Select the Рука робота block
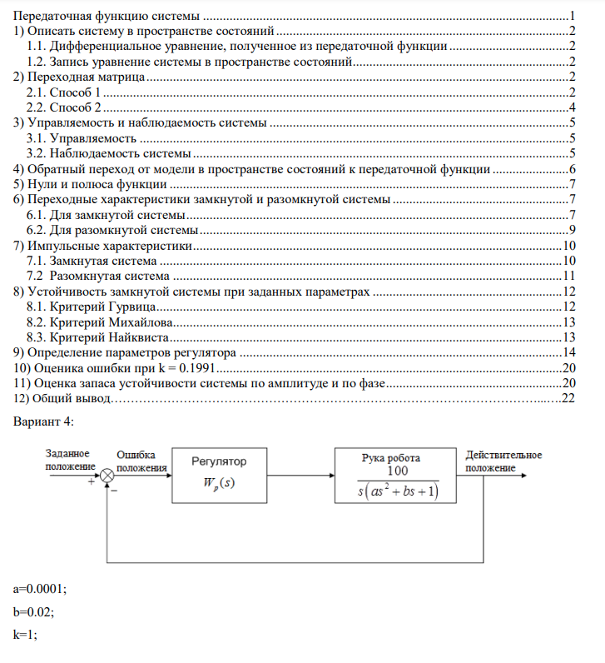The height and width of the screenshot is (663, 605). click(x=398, y=474)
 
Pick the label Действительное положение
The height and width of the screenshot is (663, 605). click(x=503, y=461)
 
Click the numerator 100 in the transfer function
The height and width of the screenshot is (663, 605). click(x=397, y=471)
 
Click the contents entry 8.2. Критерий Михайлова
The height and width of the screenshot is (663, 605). click(x=100, y=322)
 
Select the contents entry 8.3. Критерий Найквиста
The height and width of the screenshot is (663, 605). click(x=98, y=337)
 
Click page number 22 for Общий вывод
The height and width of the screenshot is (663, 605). click(x=569, y=398)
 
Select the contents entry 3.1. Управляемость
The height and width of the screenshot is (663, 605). click(x=82, y=138)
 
